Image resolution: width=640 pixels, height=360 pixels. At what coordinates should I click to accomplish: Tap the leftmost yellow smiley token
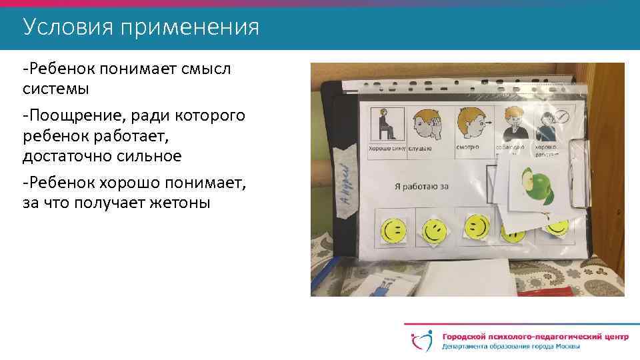tap(393, 231)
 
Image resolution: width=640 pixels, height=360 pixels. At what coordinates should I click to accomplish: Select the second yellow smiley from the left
tap(433, 231)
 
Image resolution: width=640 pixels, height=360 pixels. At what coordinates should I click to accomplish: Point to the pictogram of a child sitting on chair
tap(385, 125)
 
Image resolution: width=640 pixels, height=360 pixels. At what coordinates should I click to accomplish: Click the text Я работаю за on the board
tap(420, 186)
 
